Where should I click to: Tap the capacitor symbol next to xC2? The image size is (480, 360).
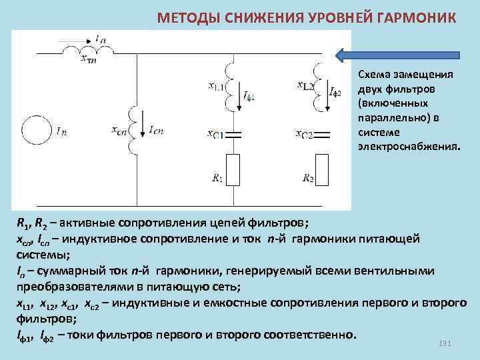click(x=322, y=134)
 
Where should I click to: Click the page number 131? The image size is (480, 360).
click(x=445, y=343)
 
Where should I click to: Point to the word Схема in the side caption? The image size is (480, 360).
click(x=373, y=75)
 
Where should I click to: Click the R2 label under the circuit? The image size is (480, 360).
click(x=307, y=178)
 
